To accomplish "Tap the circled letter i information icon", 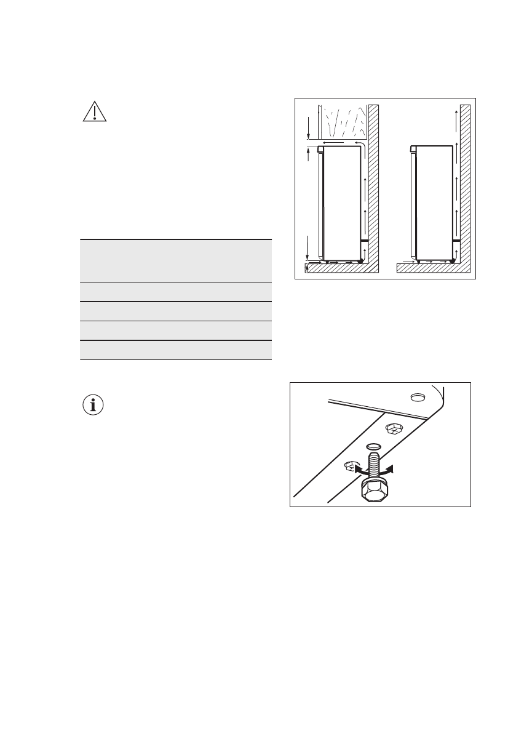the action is click(x=93, y=406).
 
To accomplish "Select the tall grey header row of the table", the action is click(x=175, y=260).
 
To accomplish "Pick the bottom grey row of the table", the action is click(x=175, y=350).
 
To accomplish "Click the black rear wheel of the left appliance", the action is click(x=360, y=261).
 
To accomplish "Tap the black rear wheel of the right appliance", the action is click(x=453, y=261).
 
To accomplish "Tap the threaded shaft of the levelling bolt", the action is click(x=373, y=465).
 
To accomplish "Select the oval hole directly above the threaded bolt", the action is click(x=373, y=445).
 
